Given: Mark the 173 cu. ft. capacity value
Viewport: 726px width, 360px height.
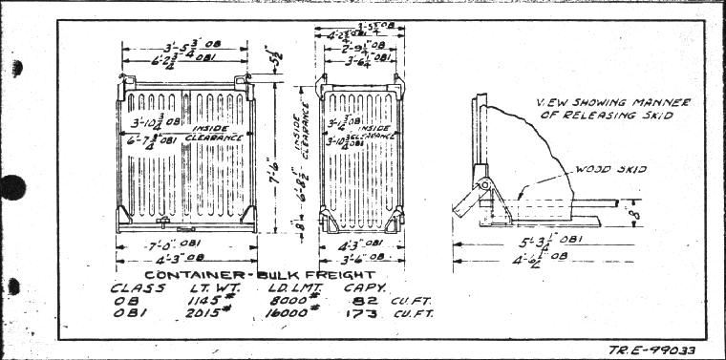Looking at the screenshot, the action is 382,314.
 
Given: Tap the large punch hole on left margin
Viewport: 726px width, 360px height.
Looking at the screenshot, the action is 9,187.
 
